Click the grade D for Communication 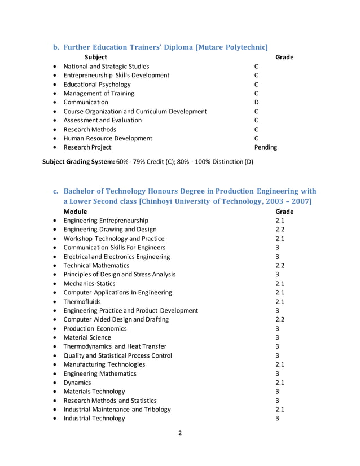pos(256,102)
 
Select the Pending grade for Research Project pos(265,147)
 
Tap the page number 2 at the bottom pos(179,434)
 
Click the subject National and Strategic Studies pos(106,66)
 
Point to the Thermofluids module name pos(82,301)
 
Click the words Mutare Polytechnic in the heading pos(231,46)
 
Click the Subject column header pos(95,57)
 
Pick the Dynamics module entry pos(77,383)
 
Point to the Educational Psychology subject pos(98,84)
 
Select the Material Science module pos(87,337)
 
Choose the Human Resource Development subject pos(108,138)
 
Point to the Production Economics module pos(95,328)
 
